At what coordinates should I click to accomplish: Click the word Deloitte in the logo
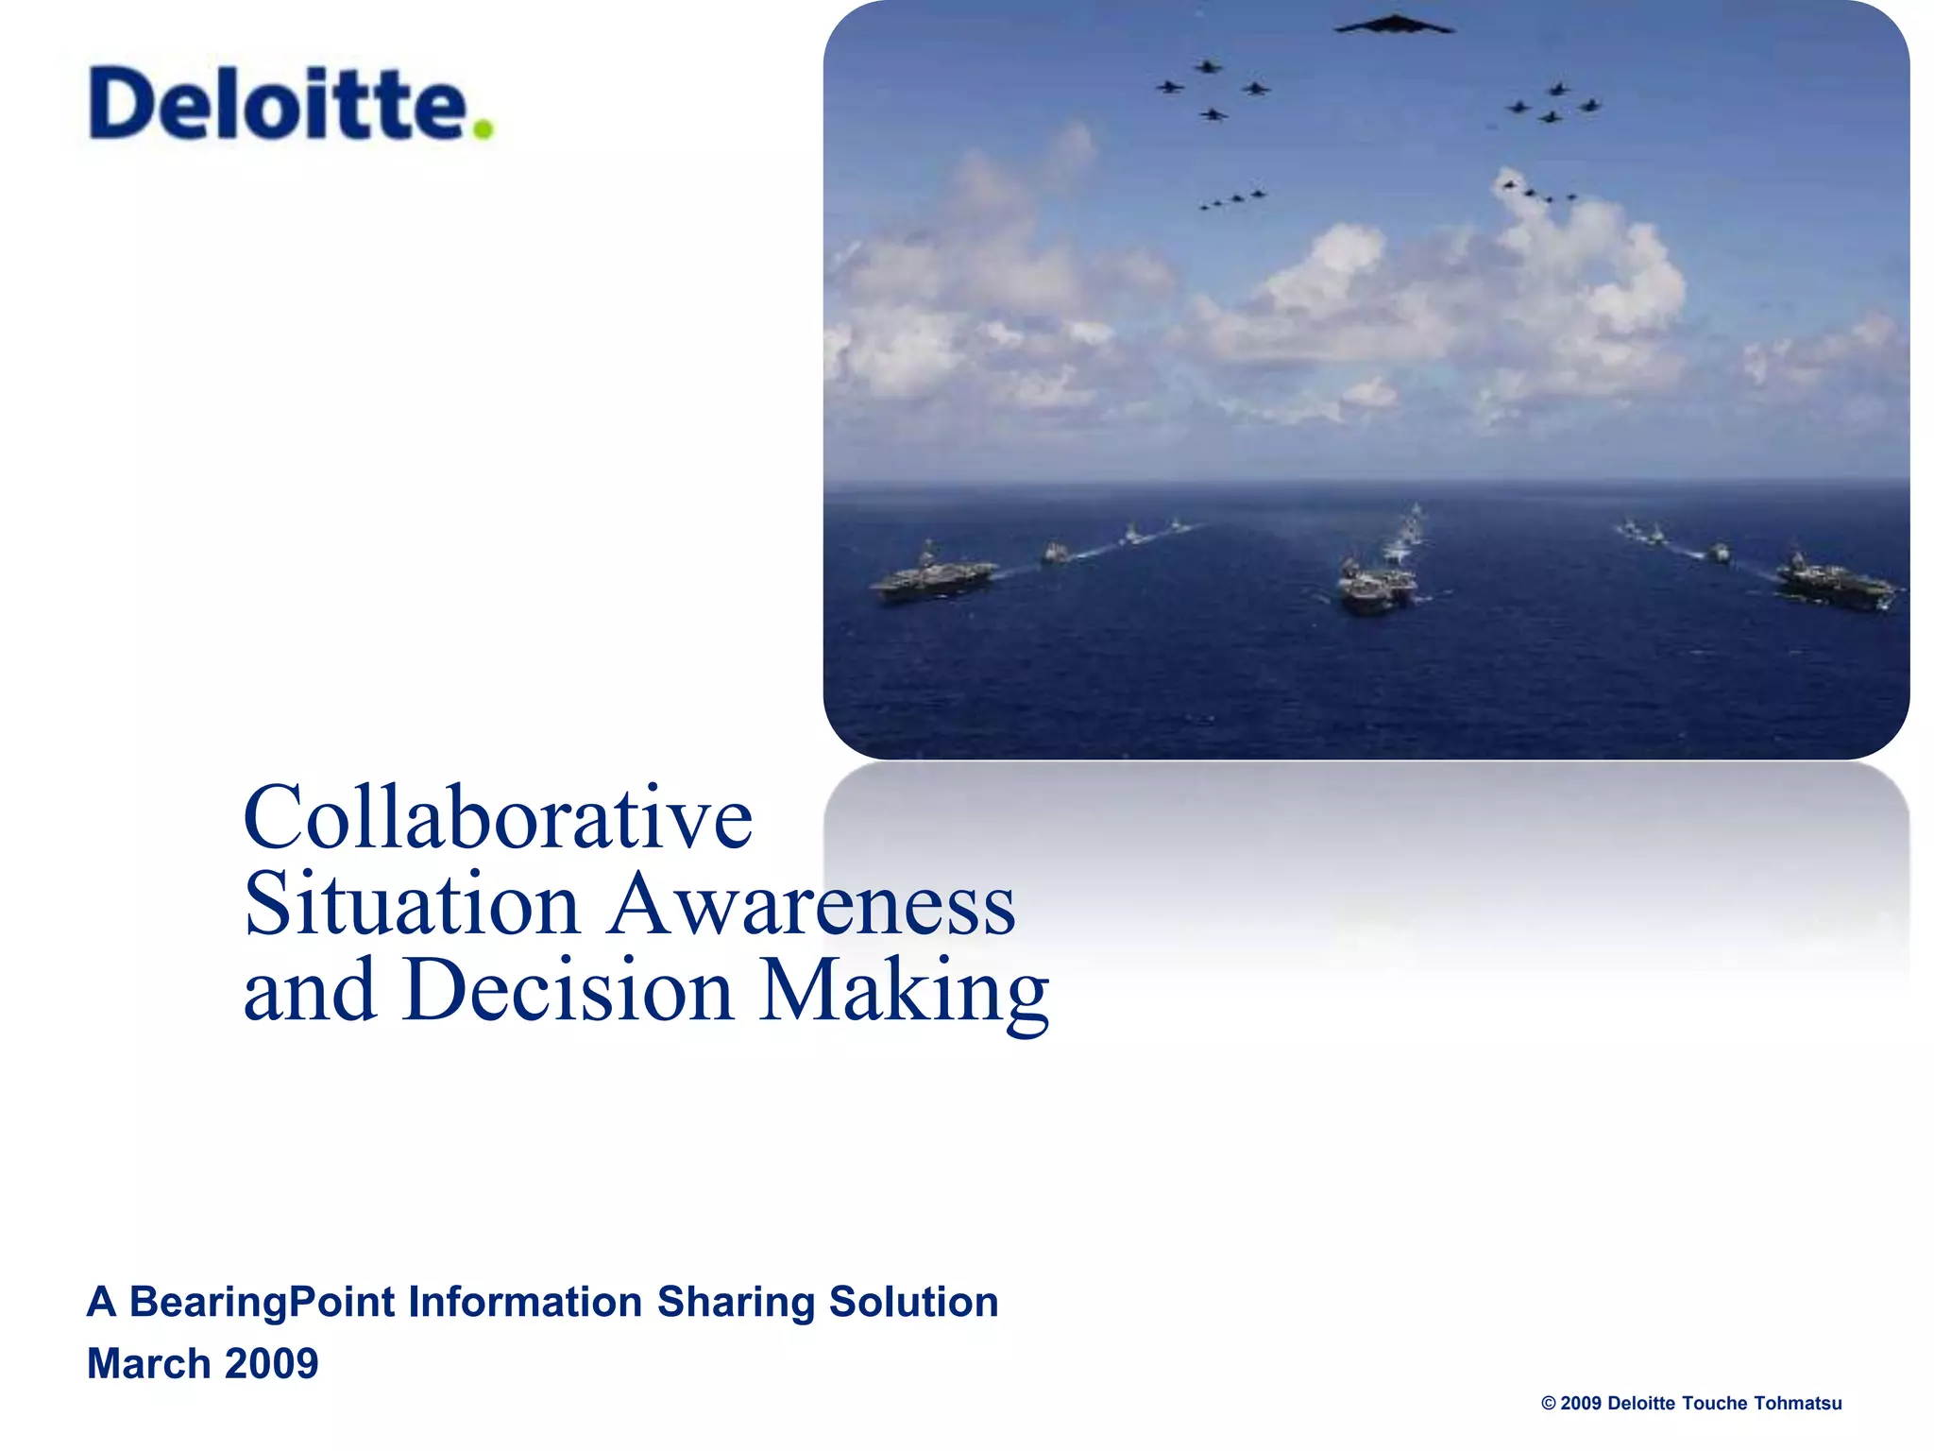coord(279,104)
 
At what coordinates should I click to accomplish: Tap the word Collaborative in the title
coord(498,818)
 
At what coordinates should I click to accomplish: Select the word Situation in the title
coord(412,904)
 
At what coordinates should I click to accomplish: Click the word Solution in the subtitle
coord(913,1302)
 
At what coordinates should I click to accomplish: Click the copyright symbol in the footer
coord(1549,1404)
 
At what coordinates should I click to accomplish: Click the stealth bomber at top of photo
coord(1394,26)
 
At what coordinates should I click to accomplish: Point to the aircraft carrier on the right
coord(1834,582)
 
